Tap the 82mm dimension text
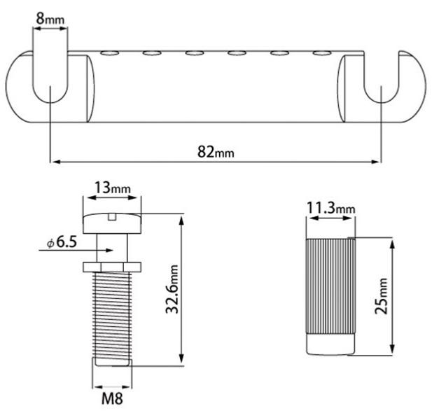click(215, 151)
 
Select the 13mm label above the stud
click(112, 189)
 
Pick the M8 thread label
click(112, 402)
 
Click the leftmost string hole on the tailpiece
click(109, 52)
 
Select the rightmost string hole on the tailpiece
click(321, 52)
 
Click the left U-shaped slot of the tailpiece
click(50, 87)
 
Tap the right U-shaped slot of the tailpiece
click(381, 87)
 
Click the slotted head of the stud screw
click(112, 223)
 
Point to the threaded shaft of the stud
click(112, 315)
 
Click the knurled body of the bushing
click(330, 287)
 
